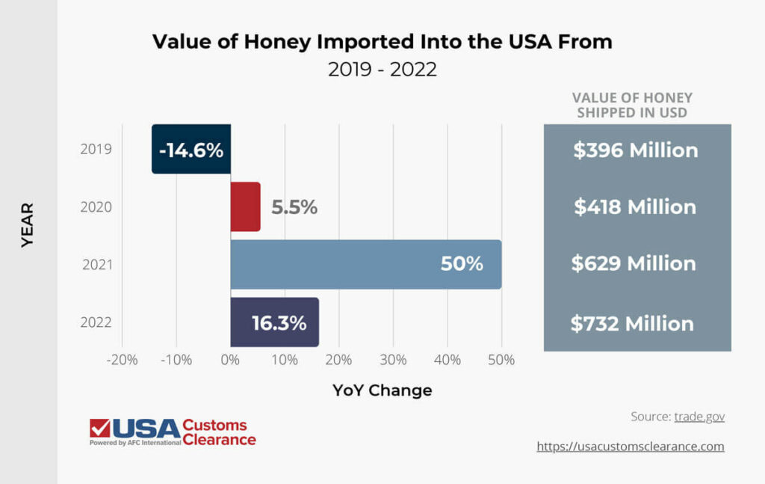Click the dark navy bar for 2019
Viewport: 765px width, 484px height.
(x=191, y=150)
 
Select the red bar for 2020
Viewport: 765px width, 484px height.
(x=245, y=206)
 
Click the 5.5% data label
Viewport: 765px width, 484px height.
(x=294, y=207)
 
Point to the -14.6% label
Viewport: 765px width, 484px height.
(x=191, y=150)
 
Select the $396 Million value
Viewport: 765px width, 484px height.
(x=636, y=150)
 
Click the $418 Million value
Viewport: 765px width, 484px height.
(x=635, y=206)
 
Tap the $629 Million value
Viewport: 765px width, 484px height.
(x=634, y=263)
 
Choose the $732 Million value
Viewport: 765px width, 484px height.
(x=632, y=323)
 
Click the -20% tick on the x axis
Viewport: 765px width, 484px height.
(x=123, y=359)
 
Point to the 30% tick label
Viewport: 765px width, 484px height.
(x=393, y=359)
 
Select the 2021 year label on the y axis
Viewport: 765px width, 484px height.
(x=96, y=264)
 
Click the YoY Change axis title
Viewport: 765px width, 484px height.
(x=382, y=390)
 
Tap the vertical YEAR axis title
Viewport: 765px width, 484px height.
(x=28, y=224)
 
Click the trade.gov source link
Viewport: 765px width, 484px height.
(x=699, y=417)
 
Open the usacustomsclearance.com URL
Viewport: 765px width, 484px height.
(x=631, y=446)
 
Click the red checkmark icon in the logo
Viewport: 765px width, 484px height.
(x=99, y=429)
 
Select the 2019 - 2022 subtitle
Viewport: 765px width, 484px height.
(x=382, y=70)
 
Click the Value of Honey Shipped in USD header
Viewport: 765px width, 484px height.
(x=632, y=105)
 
